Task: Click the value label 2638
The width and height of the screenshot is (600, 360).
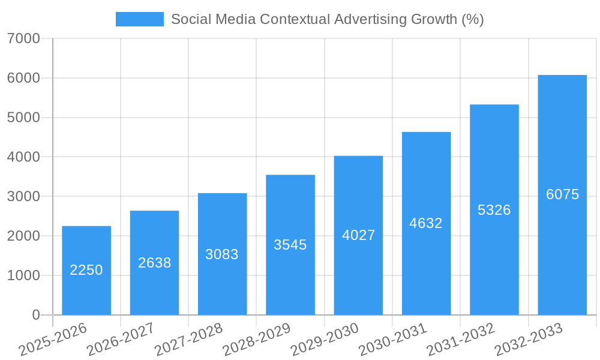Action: tap(154, 263)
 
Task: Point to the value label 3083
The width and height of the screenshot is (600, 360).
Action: tap(222, 254)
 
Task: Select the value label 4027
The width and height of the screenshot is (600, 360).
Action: tap(358, 235)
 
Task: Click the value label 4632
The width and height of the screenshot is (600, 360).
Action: tap(426, 223)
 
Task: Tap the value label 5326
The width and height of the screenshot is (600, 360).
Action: tap(494, 210)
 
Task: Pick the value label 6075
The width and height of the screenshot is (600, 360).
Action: tap(562, 194)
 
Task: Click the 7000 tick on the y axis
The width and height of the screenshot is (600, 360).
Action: tap(24, 38)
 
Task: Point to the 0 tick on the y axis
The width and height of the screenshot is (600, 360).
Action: tap(35, 315)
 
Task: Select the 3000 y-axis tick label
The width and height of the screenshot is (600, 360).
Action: tap(24, 196)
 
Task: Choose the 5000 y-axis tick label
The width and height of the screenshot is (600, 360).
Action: tap(24, 118)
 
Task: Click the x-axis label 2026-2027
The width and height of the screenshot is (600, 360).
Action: tap(121, 339)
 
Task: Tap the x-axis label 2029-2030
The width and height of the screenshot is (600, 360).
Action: tap(325, 339)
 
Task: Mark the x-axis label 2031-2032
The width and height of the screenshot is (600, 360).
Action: tap(461, 339)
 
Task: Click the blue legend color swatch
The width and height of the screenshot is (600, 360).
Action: tap(139, 19)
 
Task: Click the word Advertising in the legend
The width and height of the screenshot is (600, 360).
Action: tap(371, 19)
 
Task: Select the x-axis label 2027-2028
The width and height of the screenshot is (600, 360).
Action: tap(188, 339)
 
